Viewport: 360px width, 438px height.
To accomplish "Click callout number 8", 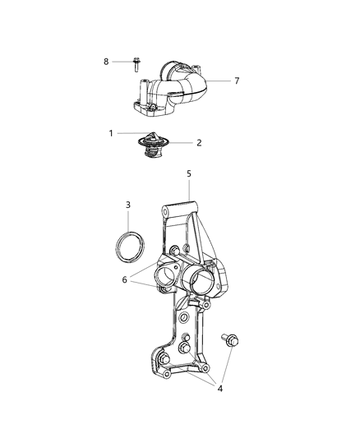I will click(x=106, y=61).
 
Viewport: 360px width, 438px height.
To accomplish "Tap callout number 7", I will click(x=237, y=81).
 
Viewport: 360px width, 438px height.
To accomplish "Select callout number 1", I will click(x=111, y=132).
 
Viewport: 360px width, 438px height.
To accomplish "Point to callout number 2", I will click(x=198, y=142).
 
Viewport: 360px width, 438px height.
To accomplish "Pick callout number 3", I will click(x=128, y=204).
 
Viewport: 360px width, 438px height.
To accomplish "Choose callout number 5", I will click(x=188, y=173).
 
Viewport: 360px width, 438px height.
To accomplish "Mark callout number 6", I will click(x=125, y=279).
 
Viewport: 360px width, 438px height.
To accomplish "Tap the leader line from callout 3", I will click(x=128, y=221).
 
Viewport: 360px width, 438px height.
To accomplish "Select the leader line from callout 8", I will click(x=121, y=61).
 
